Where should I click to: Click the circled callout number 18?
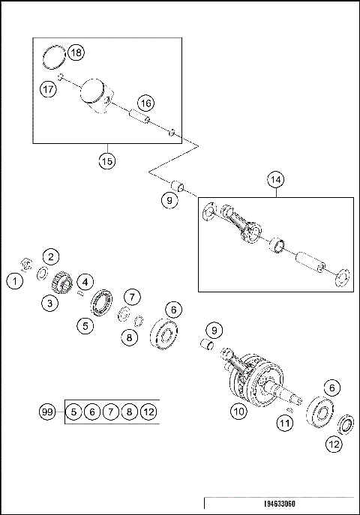[x=76, y=52]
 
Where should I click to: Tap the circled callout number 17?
[x=48, y=88]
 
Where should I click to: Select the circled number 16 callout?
[x=145, y=103]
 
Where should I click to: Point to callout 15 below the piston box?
[x=108, y=160]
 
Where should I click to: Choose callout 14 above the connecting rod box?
[x=276, y=179]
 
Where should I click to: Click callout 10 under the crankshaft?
[x=238, y=411]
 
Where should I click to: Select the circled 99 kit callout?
[x=48, y=411]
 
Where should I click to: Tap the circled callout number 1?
[x=13, y=281]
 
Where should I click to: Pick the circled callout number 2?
[x=50, y=257]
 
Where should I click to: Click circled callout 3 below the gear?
[x=49, y=303]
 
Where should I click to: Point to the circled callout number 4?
[x=86, y=281]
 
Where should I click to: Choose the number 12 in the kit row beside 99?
[x=148, y=411]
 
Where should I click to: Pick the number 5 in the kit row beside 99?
[x=73, y=411]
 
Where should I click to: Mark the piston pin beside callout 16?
[x=139, y=117]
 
